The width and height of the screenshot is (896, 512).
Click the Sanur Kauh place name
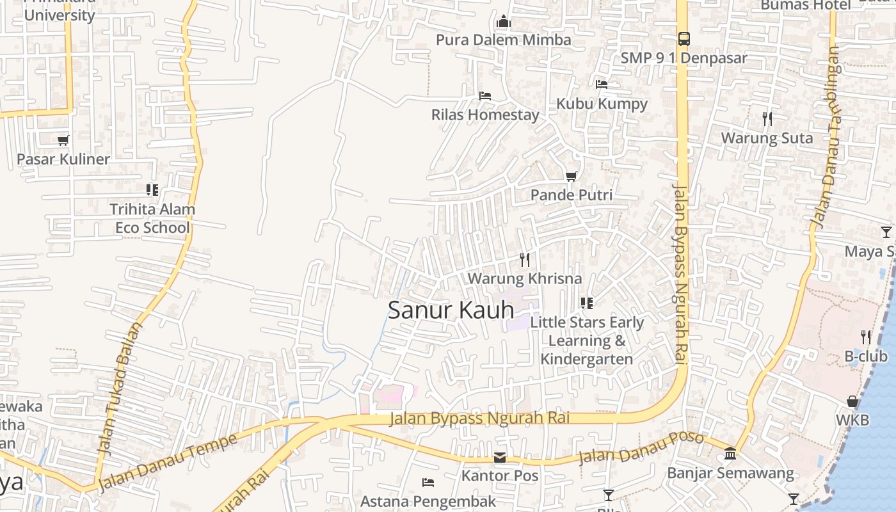451,310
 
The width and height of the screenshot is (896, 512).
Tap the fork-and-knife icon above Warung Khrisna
525,259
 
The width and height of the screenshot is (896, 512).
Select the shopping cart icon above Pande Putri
571,176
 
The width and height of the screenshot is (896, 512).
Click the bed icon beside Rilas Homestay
485,96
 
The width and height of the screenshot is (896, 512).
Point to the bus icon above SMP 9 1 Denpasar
684,39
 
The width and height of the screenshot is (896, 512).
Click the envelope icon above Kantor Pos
500,458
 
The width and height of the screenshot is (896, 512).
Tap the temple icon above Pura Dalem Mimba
504,22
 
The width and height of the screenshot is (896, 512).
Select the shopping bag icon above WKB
852,401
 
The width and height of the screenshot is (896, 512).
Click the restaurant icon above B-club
866,337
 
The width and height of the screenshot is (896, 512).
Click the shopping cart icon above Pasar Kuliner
63,140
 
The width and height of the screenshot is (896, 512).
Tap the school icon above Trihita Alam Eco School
152,190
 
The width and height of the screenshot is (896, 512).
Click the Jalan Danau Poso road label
641,448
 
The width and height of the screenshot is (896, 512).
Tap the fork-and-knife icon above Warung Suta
767,119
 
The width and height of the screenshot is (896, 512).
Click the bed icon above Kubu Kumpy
601,84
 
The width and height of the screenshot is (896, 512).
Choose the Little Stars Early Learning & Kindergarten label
586,340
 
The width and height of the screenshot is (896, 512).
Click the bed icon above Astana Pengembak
428,482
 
